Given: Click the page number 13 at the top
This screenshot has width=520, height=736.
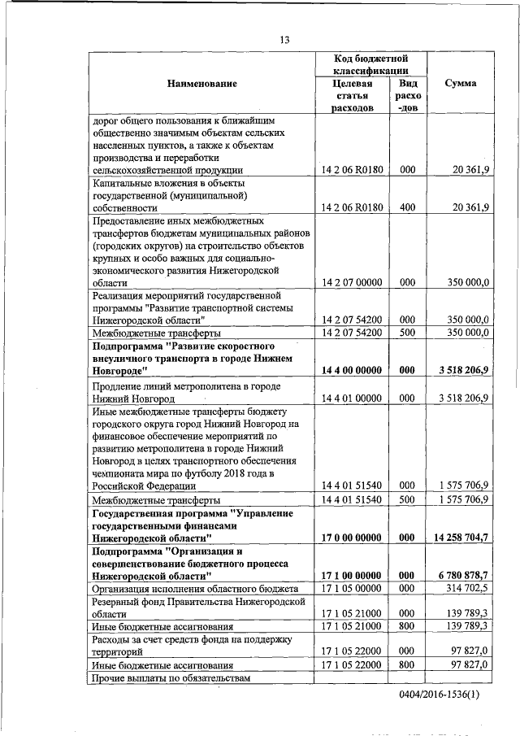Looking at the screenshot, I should tap(284, 40).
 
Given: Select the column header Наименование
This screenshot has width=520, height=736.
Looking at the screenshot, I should tap(202, 84).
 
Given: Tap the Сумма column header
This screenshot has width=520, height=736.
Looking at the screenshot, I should tap(461, 84).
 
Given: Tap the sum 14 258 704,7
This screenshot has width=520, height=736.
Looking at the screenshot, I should tap(461, 538).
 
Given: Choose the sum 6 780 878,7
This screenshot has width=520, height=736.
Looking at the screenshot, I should tap(461, 575).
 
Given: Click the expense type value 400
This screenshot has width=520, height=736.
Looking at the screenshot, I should tap(407, 207).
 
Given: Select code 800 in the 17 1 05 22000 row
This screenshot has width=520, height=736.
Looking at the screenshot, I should tap(407, 665).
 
